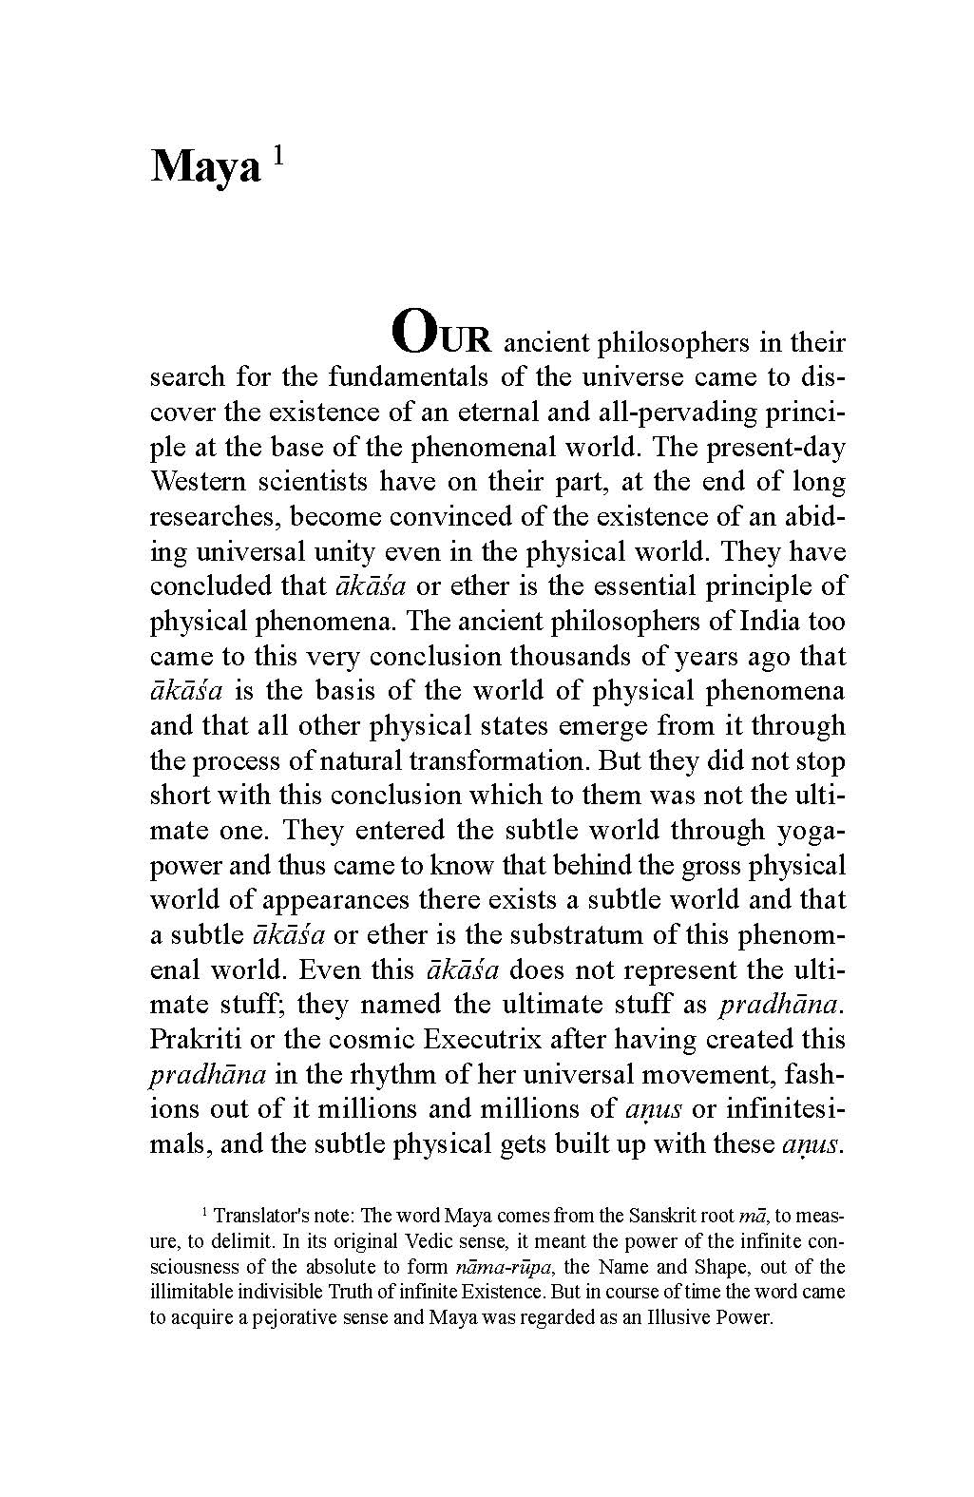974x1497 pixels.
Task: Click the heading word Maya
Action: (204, 168)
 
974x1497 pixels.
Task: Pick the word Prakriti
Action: (196, 1039)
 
